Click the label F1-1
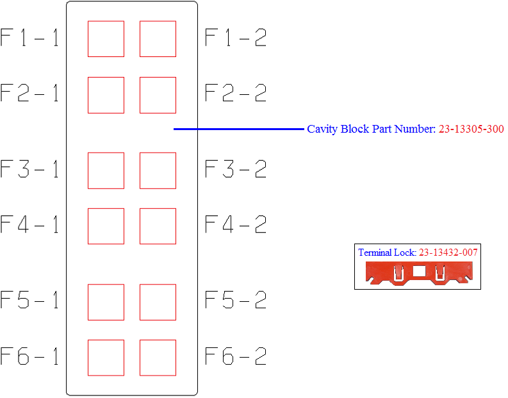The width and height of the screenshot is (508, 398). (x=29, y=38)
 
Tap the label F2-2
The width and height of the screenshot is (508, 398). (x=236, y=93)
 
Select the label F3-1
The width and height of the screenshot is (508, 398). (x=29, y=169)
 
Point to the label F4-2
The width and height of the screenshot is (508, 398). (x=236, y=224)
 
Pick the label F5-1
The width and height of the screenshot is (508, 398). (x=29, y=299)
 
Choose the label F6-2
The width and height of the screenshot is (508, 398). (x=236, y=356)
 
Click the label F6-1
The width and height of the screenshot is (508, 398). (x=29, y=356)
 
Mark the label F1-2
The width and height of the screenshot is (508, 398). (x=236, y=38)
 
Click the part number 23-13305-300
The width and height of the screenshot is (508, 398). (x=471, y=129)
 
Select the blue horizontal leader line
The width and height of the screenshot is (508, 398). (x=239, y=129)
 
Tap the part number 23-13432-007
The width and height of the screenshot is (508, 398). (x=448, y=253)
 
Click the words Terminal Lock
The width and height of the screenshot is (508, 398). (x=387, y=253)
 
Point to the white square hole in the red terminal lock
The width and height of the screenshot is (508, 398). (x=419, y=271)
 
